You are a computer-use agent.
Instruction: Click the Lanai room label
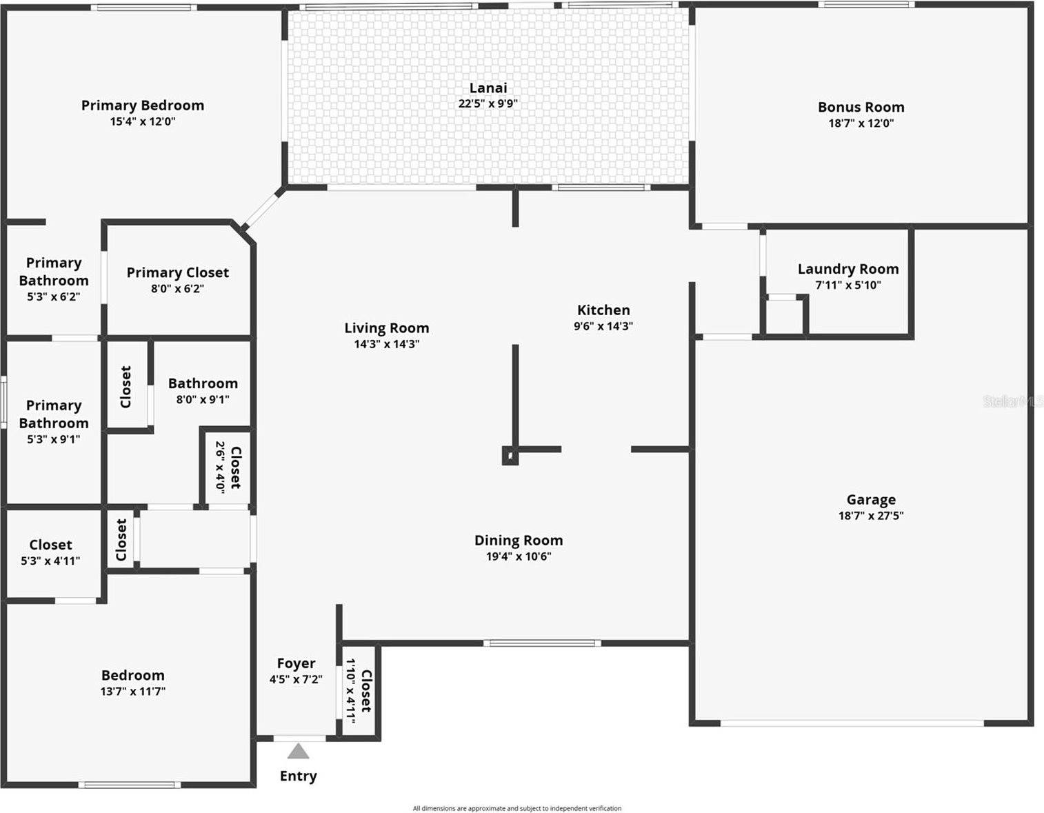click(x=488, y=88)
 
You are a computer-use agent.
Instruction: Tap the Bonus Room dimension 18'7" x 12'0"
click(x=861, y=123)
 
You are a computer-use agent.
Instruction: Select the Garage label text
click(x=871, y=500)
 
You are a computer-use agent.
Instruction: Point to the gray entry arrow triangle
click(x=298, y=751)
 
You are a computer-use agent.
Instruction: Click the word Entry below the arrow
click(x=298, y=776)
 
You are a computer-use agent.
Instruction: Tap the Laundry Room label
click(x=847, y=269)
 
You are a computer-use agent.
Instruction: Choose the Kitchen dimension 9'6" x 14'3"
click(x=603, y=326)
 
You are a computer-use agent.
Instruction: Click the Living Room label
click(x=386, y=328)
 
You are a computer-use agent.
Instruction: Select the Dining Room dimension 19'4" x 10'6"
click(x=518, y=556)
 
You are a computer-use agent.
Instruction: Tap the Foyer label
click(x=296, y=663)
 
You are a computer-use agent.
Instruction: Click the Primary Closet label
click(x=177, y=273)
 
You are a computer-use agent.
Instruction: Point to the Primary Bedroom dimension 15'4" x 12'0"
click(x=142, y=121)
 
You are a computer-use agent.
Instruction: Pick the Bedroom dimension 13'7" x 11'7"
click(x=132, y=692)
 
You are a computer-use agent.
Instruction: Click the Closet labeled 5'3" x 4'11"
click(x=50, y=545)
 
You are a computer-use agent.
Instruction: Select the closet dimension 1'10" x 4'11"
click(x=351, y=690)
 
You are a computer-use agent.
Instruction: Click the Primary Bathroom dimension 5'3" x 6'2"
click(x=53, y=297)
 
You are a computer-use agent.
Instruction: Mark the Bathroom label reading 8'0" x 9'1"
click(x=203, y=384)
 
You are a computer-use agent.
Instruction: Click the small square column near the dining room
click(x=510, y=456)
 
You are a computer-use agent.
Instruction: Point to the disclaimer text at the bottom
click(x=516, y=808)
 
